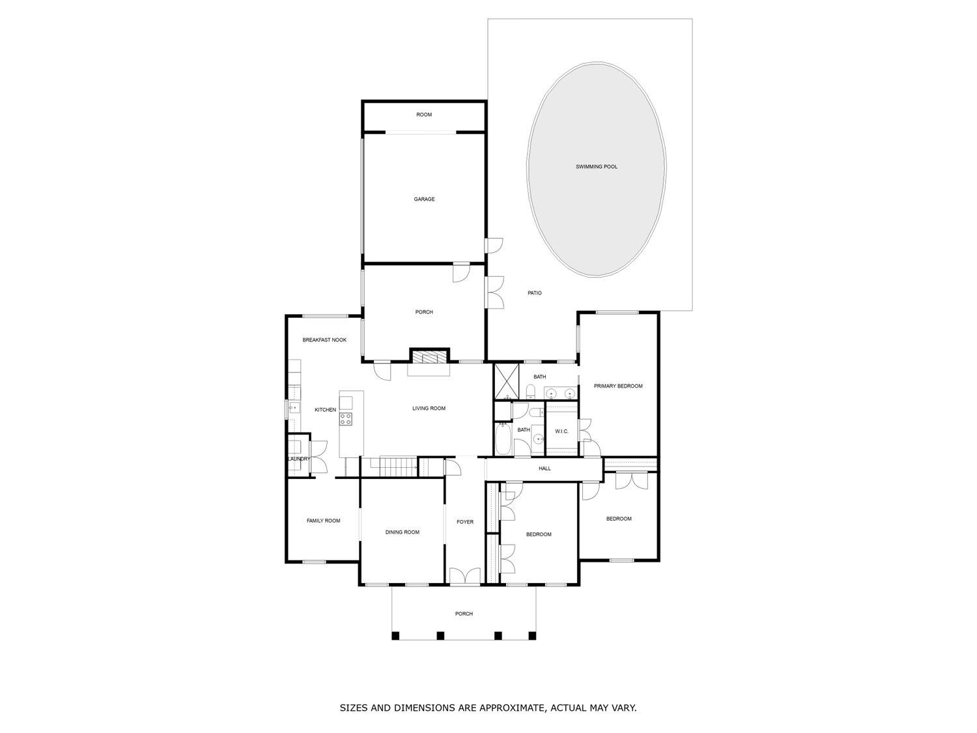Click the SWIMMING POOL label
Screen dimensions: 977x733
[596, 167]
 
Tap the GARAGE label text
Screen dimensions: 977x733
[424, 199]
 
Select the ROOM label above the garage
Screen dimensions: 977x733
[424, 115]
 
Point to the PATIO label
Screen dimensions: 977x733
[534, 293]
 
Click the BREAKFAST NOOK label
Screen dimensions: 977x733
[324, 340]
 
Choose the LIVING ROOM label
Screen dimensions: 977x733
[429, 408]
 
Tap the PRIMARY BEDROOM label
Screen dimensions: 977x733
[618, 386]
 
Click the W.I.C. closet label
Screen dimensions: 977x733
[561, 431]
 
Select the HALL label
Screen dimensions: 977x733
[545, 468]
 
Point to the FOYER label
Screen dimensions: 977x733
[464, 522]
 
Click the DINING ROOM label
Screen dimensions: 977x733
[402, 532]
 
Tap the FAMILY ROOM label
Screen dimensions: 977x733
[323, 521]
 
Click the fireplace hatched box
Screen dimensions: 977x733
[429, 357]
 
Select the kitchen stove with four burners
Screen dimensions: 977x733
[346, 419]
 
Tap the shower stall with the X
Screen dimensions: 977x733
[507, 381]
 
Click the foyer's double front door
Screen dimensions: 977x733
[464, 575]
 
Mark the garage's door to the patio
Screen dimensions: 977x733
[494, 246]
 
